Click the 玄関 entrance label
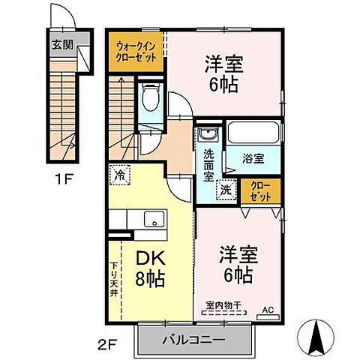(62, 43)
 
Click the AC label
(268, 307)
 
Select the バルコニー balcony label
(193, 340)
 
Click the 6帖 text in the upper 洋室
(223, 85)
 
